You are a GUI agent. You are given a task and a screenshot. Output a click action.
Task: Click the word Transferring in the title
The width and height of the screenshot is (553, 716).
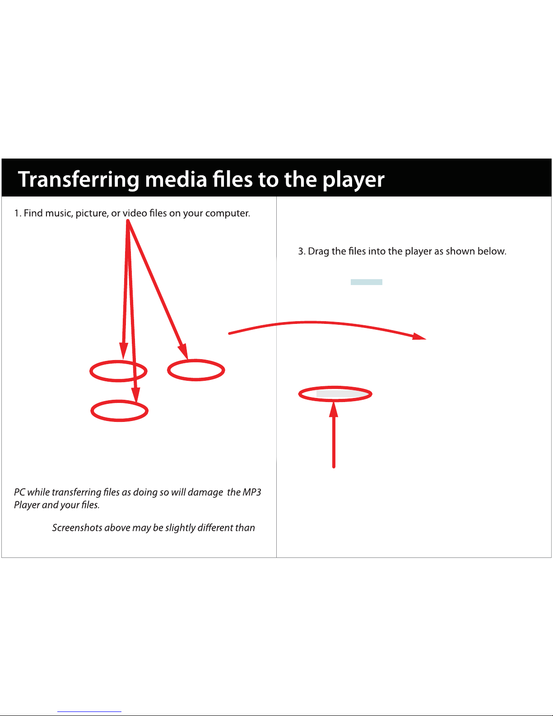(x=79, y=180)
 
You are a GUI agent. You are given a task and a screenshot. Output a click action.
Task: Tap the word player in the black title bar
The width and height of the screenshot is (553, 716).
(x=353, y=180)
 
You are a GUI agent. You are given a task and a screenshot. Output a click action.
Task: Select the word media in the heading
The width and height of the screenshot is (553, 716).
(x=176, y=179)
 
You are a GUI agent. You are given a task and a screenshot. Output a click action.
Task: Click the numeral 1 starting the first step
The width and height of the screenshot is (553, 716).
(x=16, y=213)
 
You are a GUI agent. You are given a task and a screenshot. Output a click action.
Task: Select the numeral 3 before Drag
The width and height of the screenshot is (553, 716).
(x=301, y=252)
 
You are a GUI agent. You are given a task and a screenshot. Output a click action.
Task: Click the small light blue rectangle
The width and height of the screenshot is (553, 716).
(x=367, y=282)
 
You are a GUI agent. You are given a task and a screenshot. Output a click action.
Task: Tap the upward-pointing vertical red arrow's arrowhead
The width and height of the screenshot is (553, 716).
(x=334, y=410)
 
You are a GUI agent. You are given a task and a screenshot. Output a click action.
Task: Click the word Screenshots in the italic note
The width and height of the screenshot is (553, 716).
(x=77, y=528)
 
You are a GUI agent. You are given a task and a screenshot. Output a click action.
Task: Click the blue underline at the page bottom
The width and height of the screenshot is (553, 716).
(x=89, y=711)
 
